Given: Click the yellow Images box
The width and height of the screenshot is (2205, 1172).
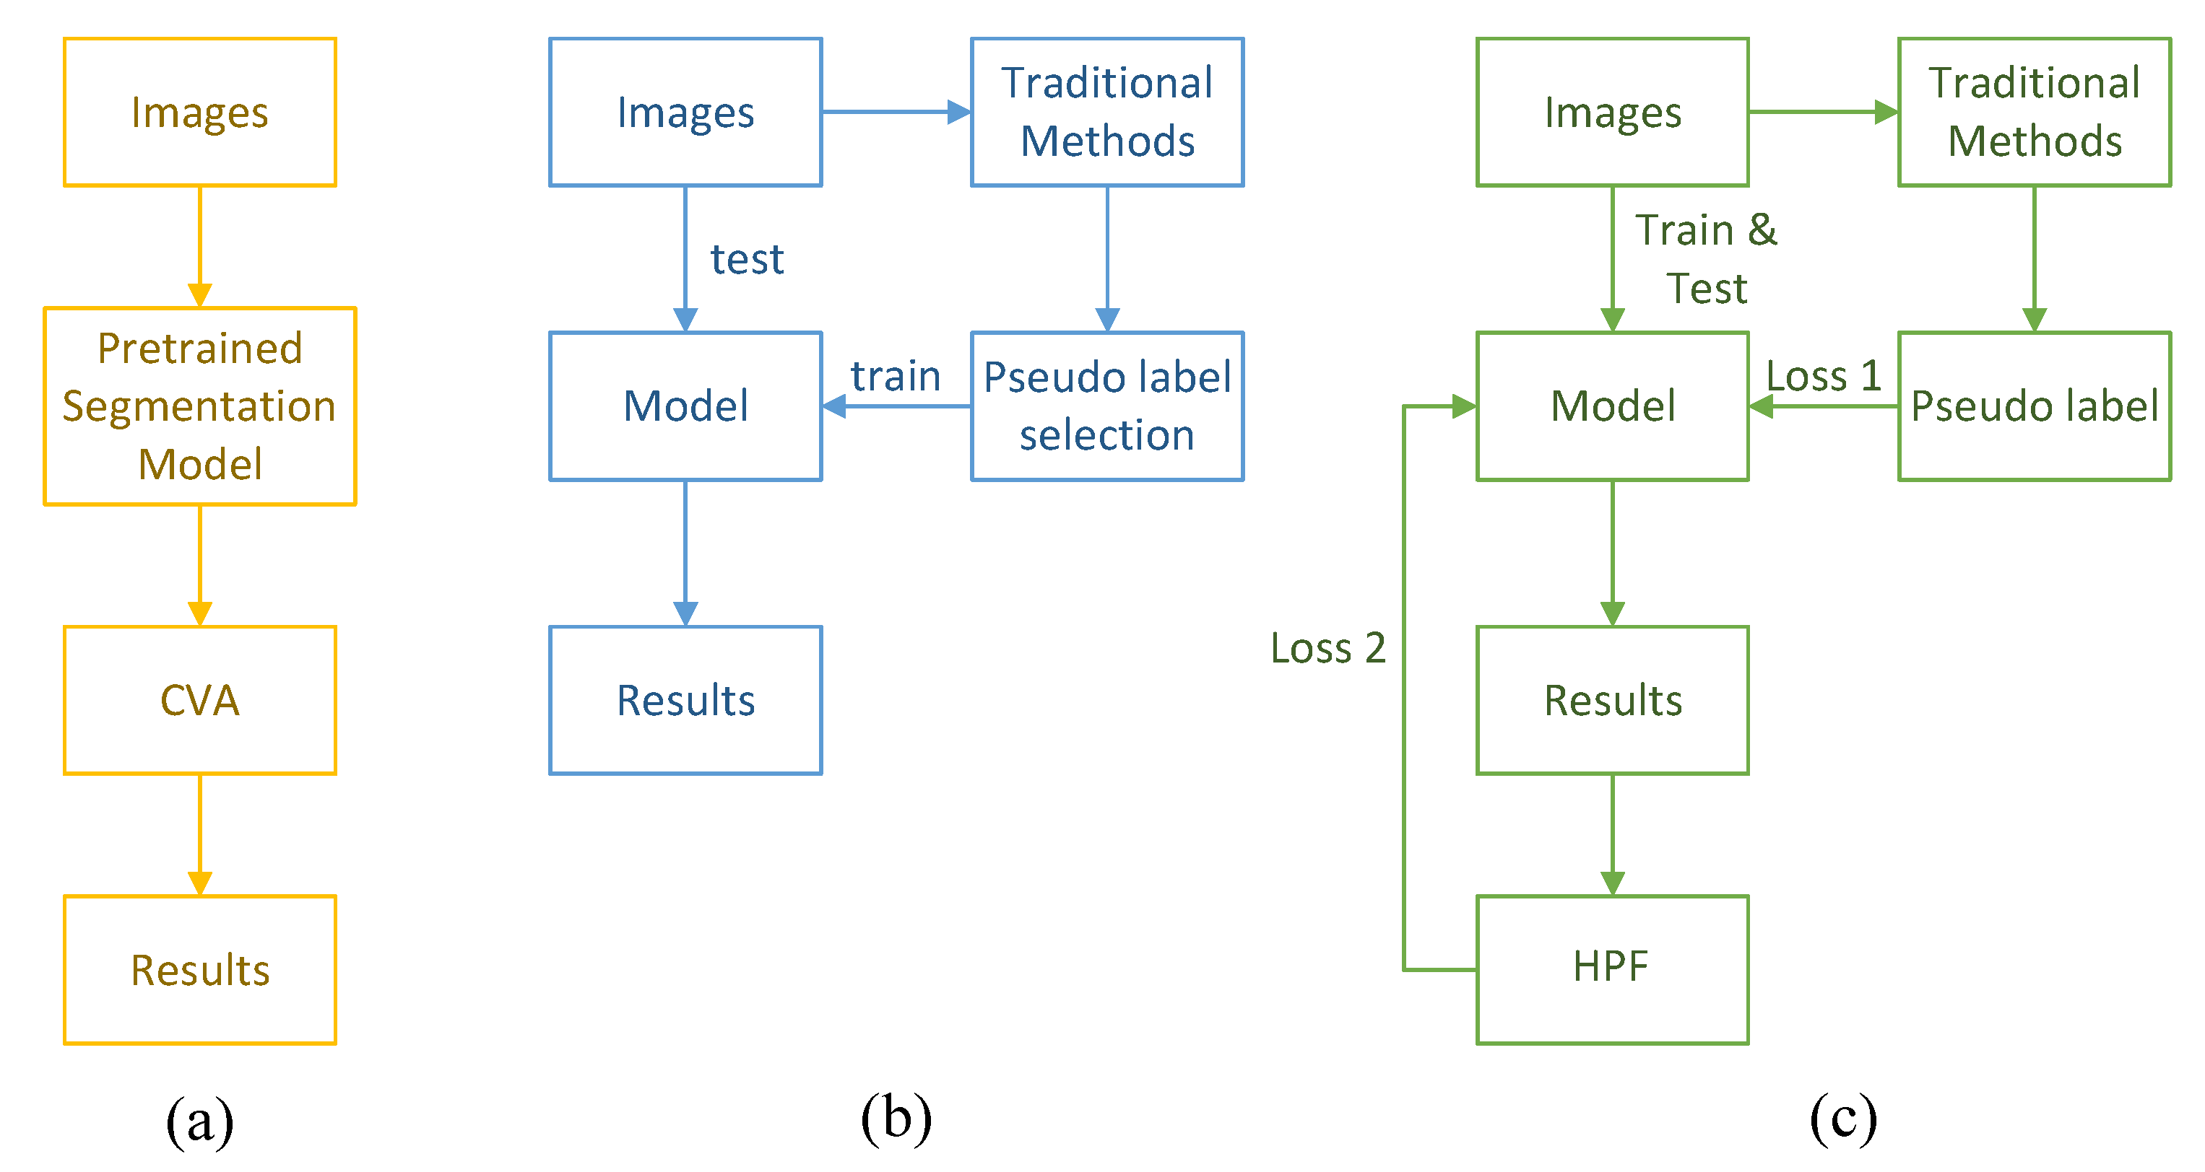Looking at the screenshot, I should point(199,112).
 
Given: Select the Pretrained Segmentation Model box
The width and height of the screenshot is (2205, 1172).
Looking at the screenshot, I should point(199,406).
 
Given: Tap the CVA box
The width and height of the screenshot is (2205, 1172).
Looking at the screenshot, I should point(199,700).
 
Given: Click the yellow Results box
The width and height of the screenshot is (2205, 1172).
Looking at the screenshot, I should point(199,969).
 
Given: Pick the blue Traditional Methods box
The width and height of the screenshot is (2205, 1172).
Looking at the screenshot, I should point(1106,112).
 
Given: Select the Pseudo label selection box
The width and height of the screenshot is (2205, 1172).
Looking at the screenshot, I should point(1106,406).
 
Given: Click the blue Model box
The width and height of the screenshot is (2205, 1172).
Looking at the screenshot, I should point(685,406).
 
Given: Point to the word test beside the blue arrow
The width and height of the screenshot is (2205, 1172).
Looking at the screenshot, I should point(746,259).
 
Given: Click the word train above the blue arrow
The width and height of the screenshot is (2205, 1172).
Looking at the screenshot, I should point(896,377).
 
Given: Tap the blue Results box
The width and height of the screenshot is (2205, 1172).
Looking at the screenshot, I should point(685,700).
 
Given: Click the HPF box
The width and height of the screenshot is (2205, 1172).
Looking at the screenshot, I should point(1612,969).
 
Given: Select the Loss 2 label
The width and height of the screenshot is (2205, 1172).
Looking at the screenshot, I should point(1327,647).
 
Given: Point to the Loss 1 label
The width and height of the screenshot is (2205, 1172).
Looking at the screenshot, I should point(1823,377).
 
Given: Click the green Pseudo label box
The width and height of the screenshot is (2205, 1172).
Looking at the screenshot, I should point(2034,406).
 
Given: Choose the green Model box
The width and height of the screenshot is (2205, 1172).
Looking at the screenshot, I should point(1612,406).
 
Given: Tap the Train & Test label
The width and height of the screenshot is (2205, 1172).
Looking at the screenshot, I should point(1706,259).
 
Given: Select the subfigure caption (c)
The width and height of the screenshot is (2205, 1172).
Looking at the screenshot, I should point(1843,1117).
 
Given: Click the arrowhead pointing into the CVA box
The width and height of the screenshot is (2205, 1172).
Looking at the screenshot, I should point(199,613).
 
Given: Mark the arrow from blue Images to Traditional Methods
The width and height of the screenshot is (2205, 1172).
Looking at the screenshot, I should point(896,112).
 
